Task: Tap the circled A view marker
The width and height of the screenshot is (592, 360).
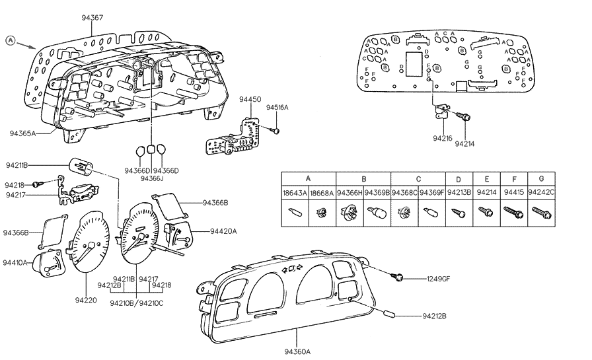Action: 11,40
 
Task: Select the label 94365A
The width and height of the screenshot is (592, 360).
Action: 23,133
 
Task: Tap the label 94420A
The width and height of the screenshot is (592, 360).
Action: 224,231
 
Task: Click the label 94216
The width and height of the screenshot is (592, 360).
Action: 442,139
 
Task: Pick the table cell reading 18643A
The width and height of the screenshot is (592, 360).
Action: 295,193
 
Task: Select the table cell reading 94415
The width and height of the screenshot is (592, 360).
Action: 511,193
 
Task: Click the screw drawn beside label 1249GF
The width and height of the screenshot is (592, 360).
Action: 400,277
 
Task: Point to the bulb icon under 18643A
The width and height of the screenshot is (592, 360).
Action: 295,213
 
